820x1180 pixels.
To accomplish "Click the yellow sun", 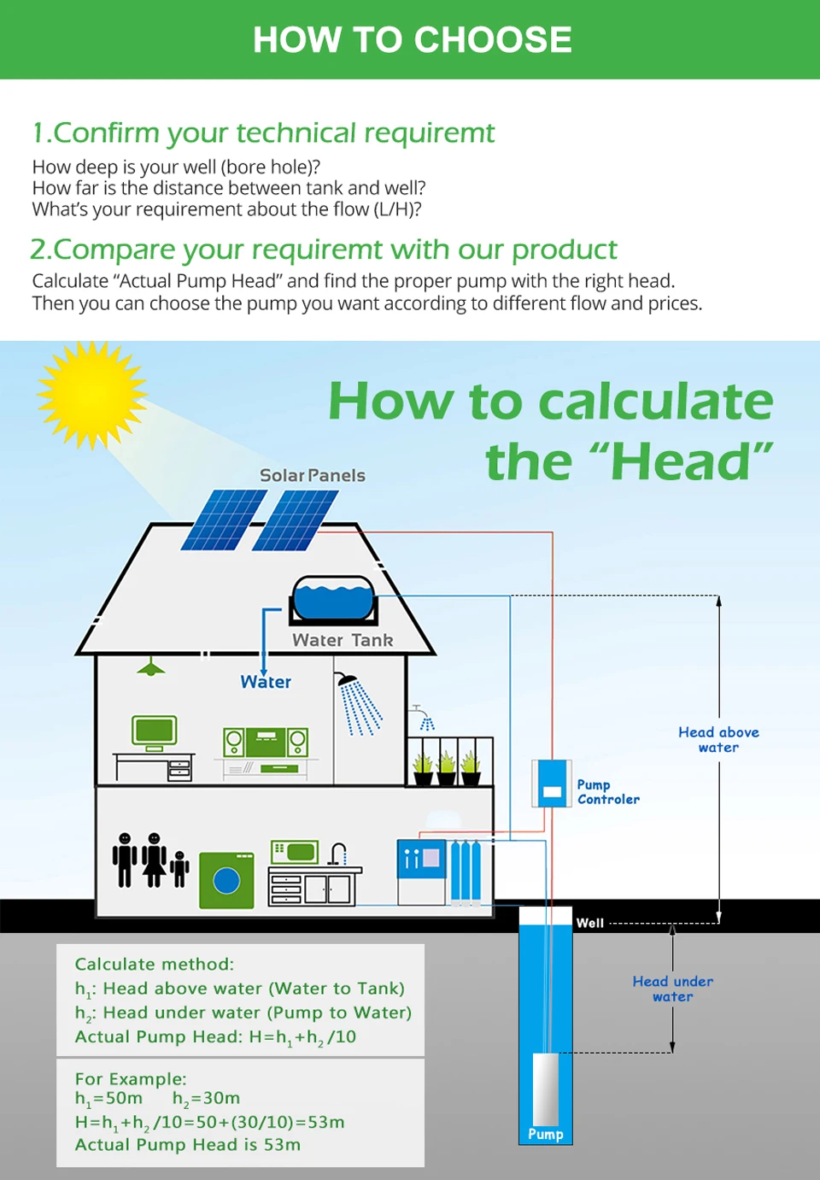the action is (91, 395).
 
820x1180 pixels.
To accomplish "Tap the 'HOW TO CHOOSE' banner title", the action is (412, 40).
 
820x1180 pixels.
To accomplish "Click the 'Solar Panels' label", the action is (312, 475).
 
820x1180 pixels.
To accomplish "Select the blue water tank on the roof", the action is (334, 598).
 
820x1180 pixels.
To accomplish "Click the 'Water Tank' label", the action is (343, 640).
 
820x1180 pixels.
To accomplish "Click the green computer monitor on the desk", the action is (155, 731).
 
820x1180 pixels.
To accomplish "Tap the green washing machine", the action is (226, 879).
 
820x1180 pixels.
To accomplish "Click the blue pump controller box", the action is (552, 784).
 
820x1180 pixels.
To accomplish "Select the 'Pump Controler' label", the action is (607, 792).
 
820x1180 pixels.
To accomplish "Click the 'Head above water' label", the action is (718, 739).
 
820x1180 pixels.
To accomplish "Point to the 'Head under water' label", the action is (673, 989).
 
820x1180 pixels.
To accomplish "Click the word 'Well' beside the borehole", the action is (589, 923).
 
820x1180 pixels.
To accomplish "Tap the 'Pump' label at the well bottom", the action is (545, 1134).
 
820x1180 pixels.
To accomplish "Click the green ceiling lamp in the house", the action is (151, 668).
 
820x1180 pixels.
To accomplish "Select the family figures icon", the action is (150, 860).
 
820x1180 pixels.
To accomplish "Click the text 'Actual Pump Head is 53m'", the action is (188, 1144).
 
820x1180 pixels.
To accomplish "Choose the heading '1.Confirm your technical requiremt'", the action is (263, 133).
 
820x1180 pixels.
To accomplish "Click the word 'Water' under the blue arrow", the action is (266, 682).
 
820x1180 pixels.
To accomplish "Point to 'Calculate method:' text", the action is (154, 964).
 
